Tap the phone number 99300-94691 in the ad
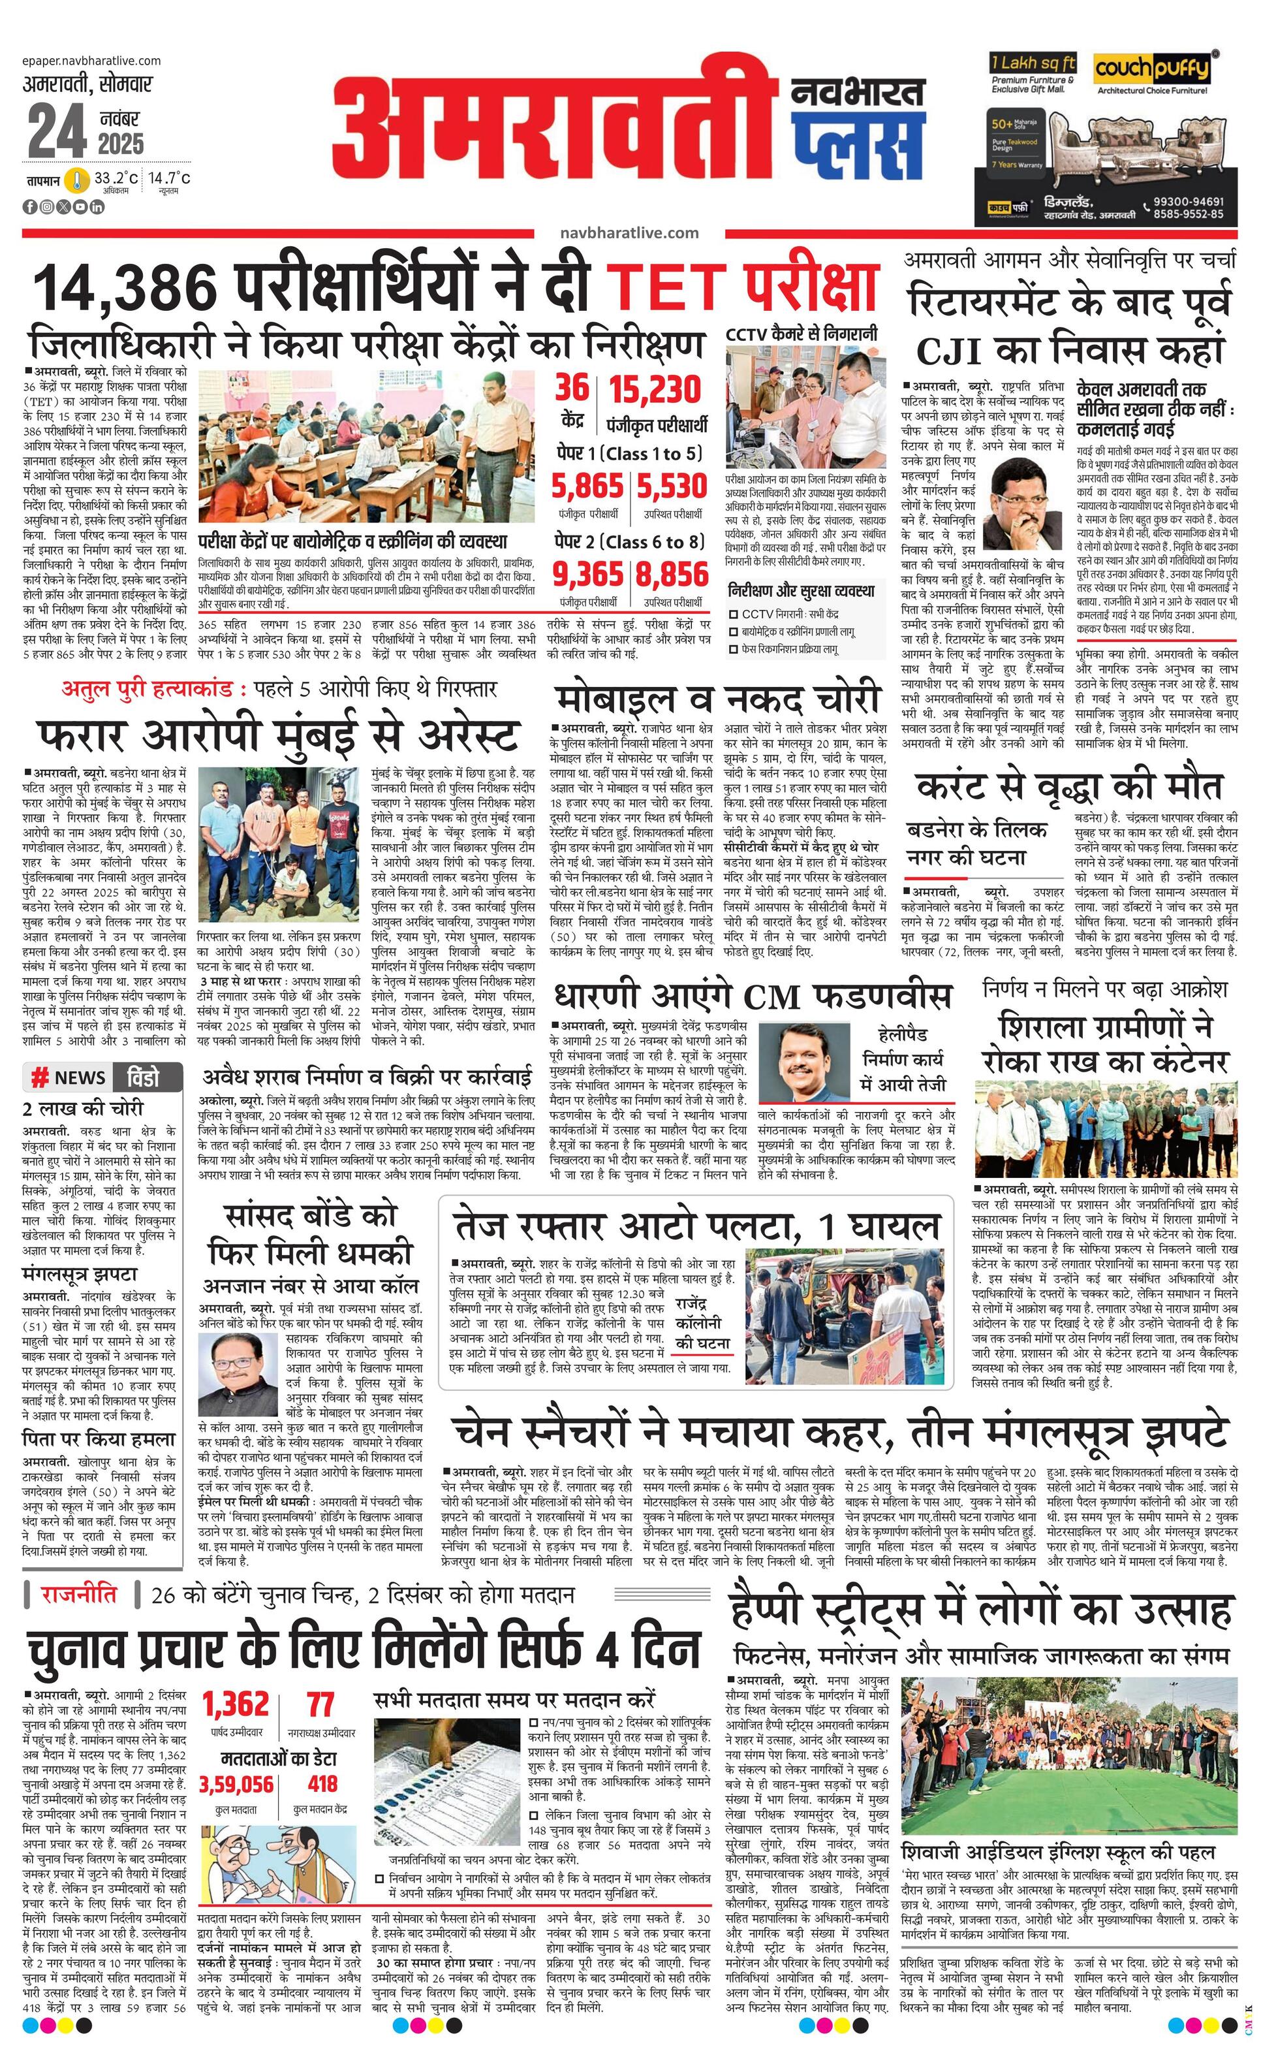1188,202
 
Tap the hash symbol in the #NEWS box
39,1078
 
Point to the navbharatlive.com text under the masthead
628,233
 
